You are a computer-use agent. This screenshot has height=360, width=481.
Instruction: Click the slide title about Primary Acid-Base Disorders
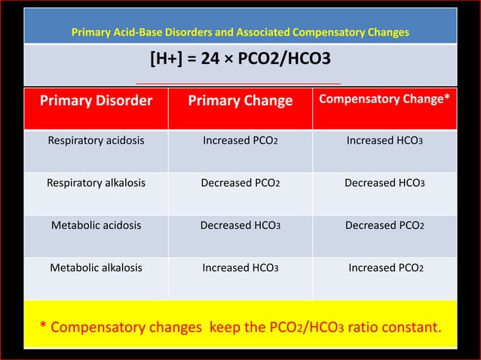pos(240,33)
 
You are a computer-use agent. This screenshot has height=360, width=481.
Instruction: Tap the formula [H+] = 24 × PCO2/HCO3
pos(240,59)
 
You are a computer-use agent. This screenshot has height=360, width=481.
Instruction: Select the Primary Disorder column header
pos(96,101)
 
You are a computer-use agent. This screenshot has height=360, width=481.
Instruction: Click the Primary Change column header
pos(240,101)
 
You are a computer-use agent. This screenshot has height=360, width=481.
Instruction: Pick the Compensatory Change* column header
pos(384,100)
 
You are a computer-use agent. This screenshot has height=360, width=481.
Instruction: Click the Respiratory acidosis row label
pos(96,140)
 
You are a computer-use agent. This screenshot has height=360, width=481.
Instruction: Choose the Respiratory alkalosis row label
pos(96,182)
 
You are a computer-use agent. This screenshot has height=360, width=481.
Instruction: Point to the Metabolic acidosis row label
pos(96,224)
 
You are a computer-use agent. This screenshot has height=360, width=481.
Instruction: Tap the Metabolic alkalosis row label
pos(96,267)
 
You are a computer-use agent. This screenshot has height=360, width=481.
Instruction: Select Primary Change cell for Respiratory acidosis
pos(240,140)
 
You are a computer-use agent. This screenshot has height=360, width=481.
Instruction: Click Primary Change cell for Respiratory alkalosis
pos(240,182)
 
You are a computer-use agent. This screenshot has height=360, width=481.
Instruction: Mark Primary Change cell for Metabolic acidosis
pos(240,224)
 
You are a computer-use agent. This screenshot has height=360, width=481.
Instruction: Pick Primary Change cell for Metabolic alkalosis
pos(240,267)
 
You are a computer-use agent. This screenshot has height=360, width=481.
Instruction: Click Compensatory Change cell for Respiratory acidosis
pos(384,140)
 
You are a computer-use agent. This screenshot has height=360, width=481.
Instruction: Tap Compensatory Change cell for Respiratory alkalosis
pos(384,182)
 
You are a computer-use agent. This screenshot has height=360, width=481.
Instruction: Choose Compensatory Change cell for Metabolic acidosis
pos(384,224)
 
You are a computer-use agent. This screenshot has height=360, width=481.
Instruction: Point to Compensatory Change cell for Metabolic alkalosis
pos(384,267)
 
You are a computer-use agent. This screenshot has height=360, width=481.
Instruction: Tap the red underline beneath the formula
pos(238,83)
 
